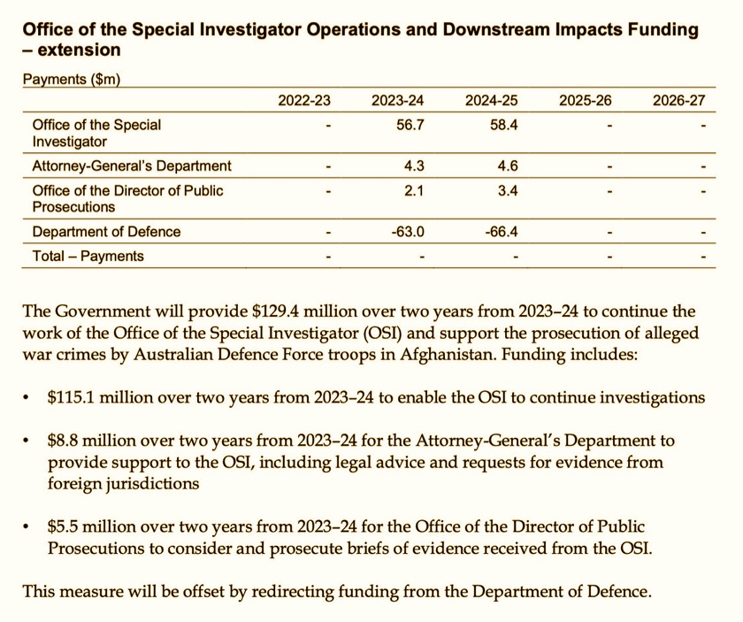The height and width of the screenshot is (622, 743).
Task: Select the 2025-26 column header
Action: point(585,101)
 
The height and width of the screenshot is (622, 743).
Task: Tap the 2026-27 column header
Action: point(678,101)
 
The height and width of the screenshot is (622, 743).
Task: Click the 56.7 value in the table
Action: point(411,126)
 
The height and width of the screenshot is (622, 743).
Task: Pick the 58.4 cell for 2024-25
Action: point(503,126)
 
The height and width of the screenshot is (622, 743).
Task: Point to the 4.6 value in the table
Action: point(507,165)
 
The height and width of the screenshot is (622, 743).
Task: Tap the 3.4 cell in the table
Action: point(507,191)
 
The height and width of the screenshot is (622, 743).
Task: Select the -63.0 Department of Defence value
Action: point(408,232)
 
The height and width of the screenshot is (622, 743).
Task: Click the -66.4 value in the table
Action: point(501,232)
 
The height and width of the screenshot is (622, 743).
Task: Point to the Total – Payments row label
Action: point(88,257)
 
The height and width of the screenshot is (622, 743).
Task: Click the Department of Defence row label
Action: point(106,232)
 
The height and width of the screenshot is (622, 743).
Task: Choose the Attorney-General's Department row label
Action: point(132,165)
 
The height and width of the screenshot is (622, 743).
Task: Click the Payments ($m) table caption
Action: point(71,80)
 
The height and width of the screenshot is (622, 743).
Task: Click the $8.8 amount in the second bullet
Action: point(66,440)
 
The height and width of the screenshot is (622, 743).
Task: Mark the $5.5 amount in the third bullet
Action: point(66,525)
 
